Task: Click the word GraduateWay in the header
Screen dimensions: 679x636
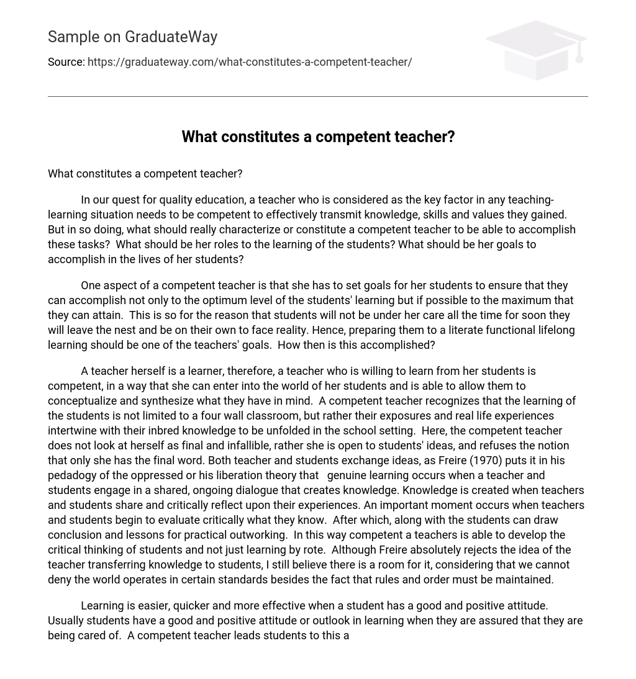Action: pos(171,37)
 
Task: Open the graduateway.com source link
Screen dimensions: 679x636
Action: pos(250,62)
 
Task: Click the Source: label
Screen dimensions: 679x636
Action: pos(66,62)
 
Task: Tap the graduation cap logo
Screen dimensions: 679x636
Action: pos(535,50)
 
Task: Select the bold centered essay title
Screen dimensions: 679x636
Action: pos(318,137)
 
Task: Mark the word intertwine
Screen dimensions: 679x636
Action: pos(75,431)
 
